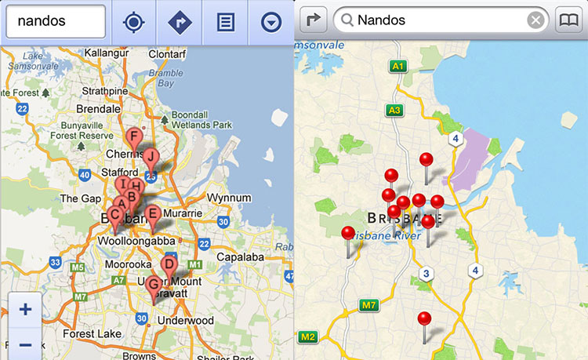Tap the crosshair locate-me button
(x=134, y=22)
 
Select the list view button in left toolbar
(x=225, y=22)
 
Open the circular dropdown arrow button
(x=271, y=22)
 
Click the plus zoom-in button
(x=25, y=309)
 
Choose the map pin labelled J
(x=150, y=158)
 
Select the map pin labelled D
(x=169, y=265)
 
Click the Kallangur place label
(x=107, y=51)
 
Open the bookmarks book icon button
(x=570, y=20)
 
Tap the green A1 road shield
(x=397, y=67)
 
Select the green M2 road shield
(x=307, y=337)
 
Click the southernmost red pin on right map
(x=424, y=320)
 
